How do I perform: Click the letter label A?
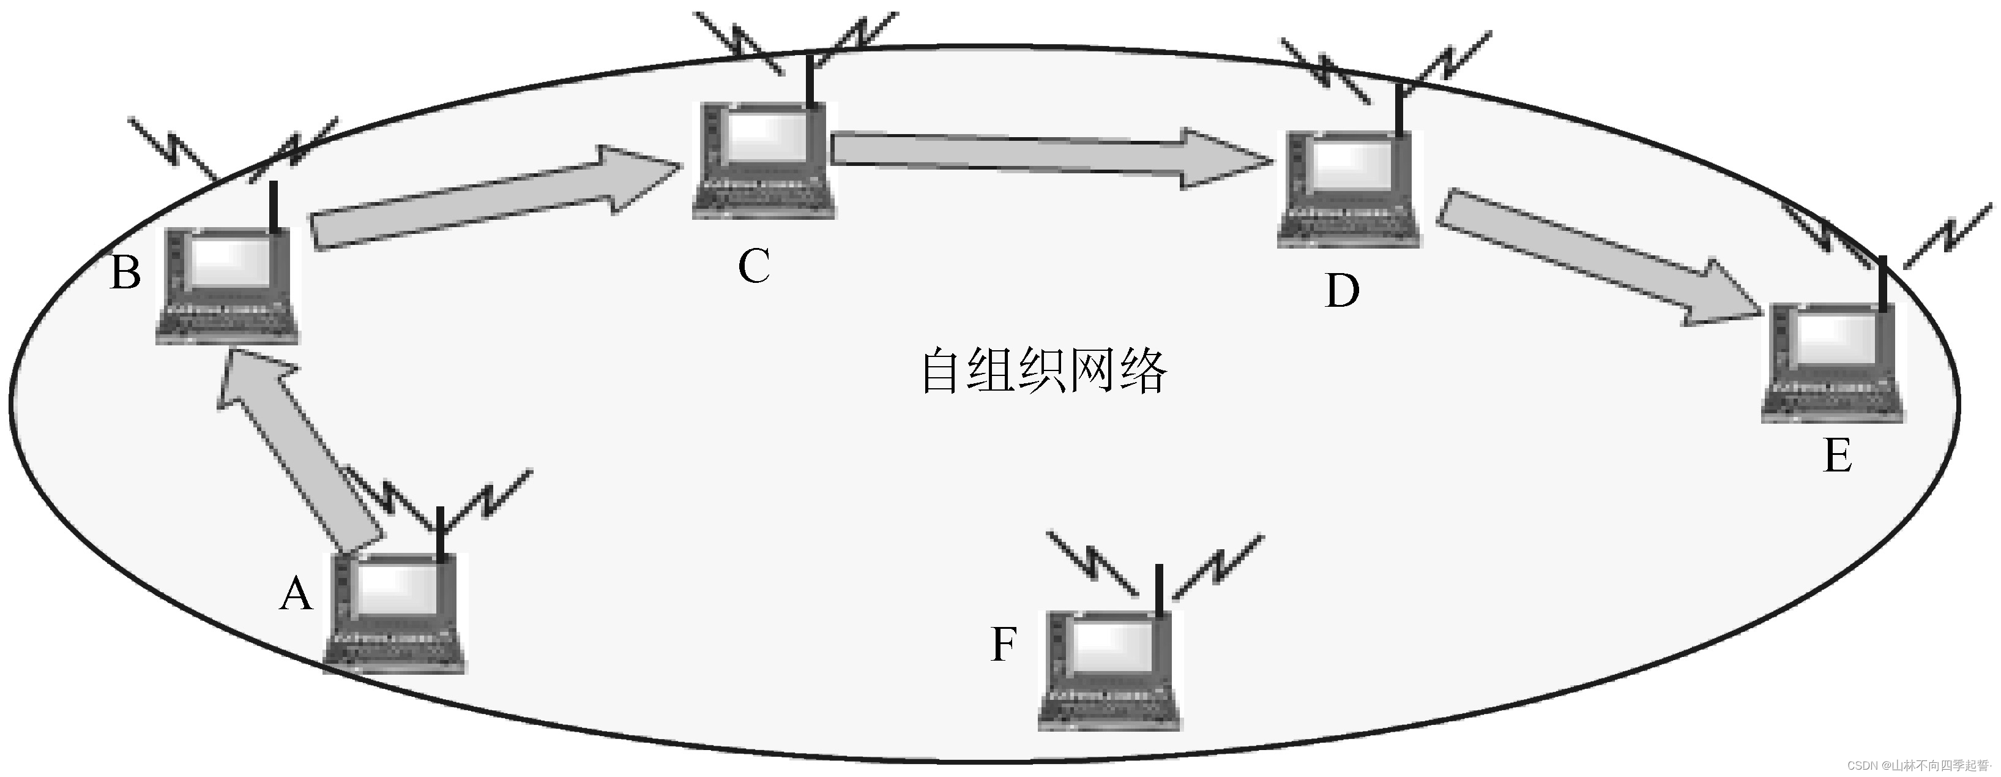pos(296,595)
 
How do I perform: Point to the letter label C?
pos(753,266)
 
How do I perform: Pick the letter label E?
pos(1838,456)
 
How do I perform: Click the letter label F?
pos(1004,644)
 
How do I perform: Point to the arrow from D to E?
pos(1592,257)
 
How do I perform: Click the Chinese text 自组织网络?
pos(1044,372)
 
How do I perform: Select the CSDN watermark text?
pos(1918,765)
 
